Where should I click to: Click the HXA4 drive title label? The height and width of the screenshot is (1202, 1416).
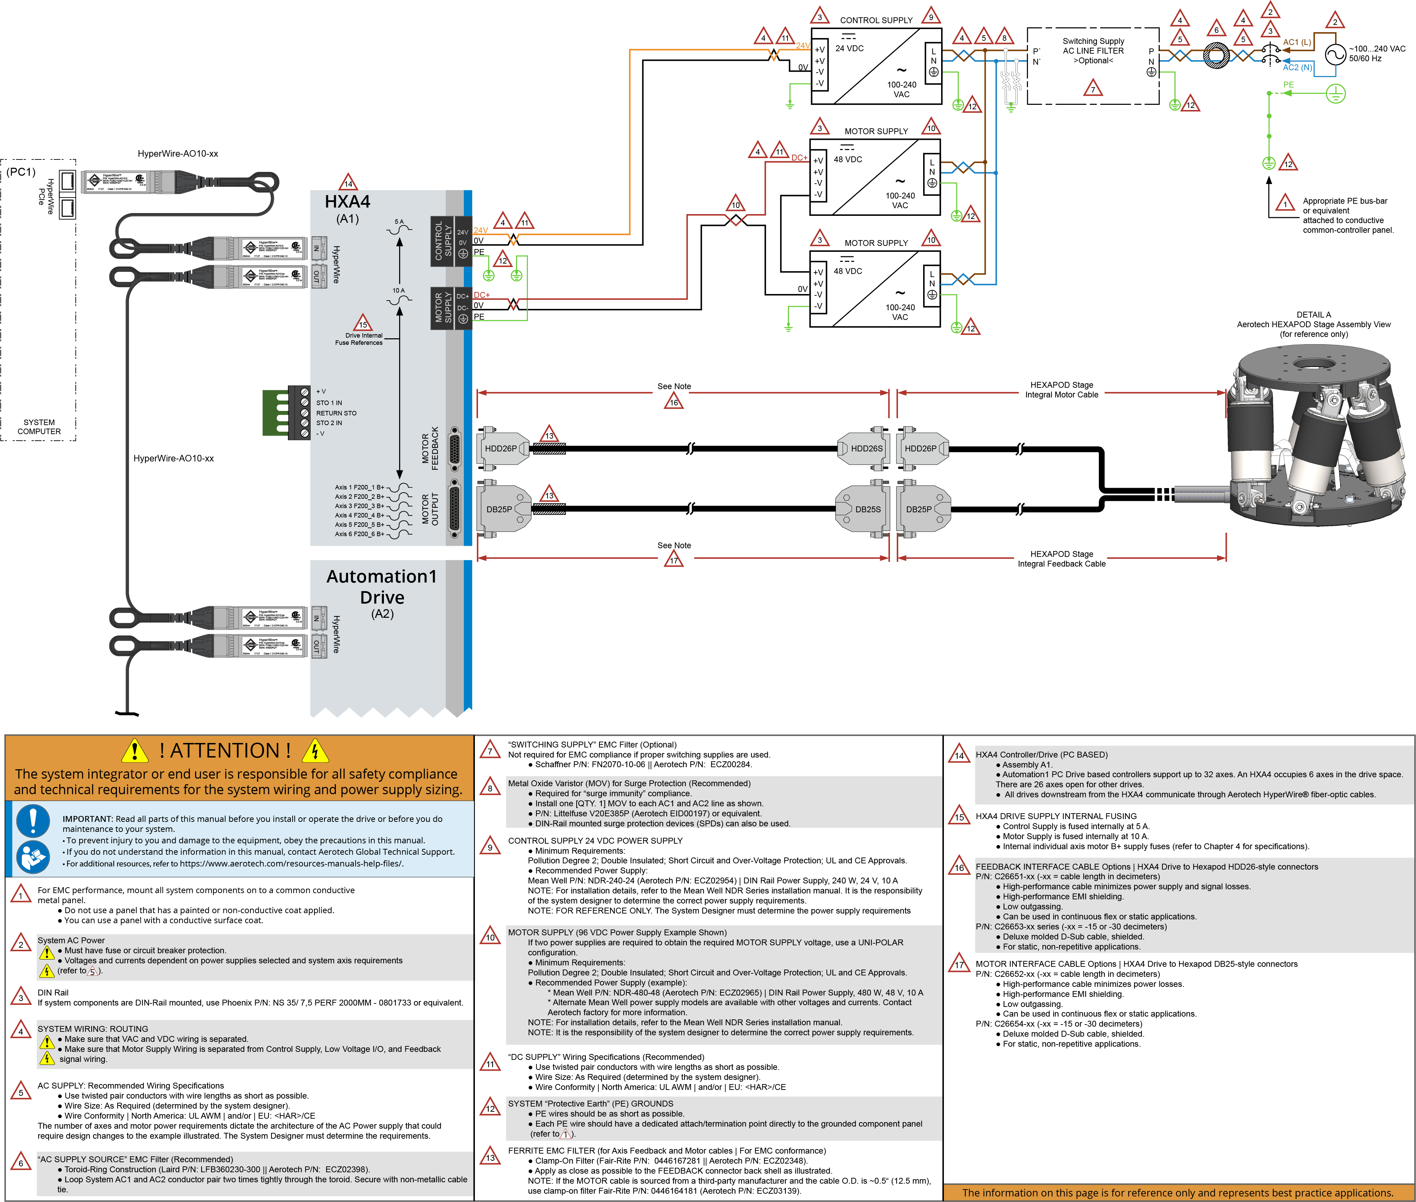click(348, 202)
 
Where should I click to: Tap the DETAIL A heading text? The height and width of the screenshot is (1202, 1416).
click(1313, 315)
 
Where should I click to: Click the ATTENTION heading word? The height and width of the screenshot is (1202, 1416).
click(225, 750)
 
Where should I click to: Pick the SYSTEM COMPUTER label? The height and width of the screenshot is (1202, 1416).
click(39, 426)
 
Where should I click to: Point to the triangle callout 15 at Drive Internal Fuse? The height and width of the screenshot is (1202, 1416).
click(363, 323)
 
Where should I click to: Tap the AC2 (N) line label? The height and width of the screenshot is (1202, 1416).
click(1297, 67)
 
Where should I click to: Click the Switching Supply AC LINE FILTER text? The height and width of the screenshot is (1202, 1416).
click(1093, 51)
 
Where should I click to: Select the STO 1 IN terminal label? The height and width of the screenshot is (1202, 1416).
click(329, 403)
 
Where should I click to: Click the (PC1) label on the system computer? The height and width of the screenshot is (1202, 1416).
click(21, 172)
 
